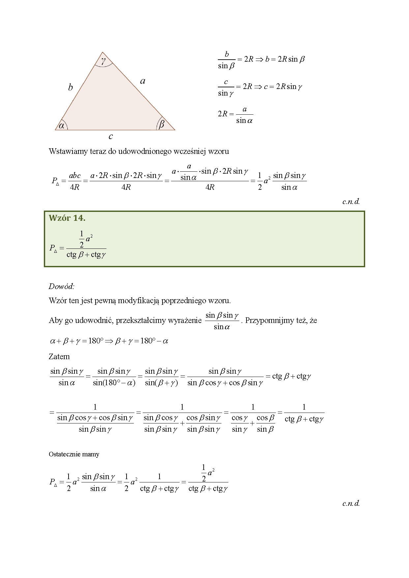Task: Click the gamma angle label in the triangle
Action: pos(103,61)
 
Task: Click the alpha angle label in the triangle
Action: pos(62,126)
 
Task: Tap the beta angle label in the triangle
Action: pos(161,125)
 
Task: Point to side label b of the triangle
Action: pos(70,87)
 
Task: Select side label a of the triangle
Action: pos(143,81)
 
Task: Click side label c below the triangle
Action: pos(111,136)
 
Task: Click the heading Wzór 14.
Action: pos(67,218)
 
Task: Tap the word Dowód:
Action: pos(62,286)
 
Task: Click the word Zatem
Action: pos(59,357)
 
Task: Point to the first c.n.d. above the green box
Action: pos(351,201)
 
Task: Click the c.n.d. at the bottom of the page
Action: pos(351,503)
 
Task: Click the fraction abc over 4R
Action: pos(75,181)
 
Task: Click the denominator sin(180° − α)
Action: pos(114,383)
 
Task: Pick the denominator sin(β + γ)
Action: pos(161,383)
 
